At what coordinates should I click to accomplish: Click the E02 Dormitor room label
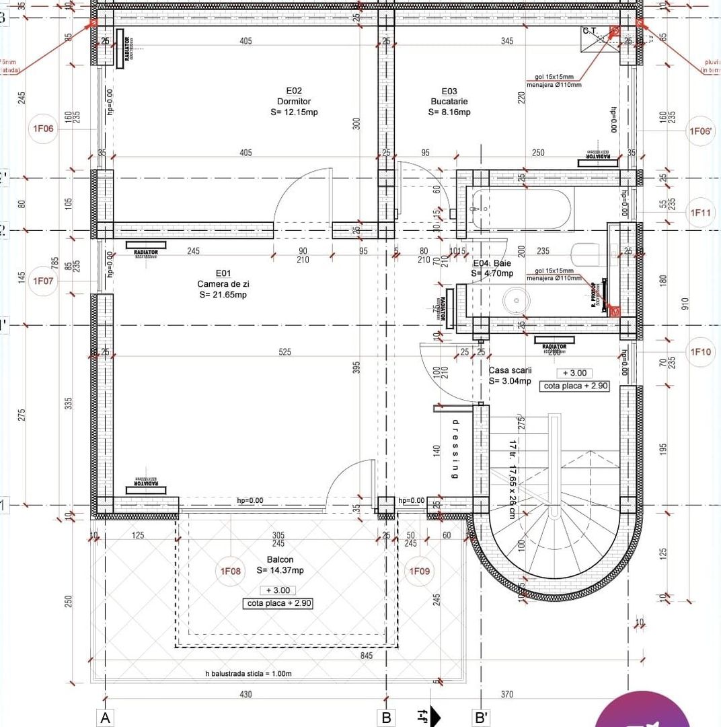(294, 101)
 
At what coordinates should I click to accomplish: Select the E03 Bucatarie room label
(449, 101)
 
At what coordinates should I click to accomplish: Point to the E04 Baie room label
(492, 269)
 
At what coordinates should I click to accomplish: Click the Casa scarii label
(510, 376)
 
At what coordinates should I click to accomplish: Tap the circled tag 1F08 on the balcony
(231, 572)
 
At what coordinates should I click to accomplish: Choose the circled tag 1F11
(701, 213)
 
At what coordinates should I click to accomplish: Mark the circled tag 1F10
(701, 351)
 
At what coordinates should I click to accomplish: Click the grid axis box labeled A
(105, 718)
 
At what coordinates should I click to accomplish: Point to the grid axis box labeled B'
(481, 718)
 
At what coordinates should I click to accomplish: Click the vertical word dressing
(455, 449)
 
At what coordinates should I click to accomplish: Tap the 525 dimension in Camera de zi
(286, 352)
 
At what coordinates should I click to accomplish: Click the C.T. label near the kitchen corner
(590, 31)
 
